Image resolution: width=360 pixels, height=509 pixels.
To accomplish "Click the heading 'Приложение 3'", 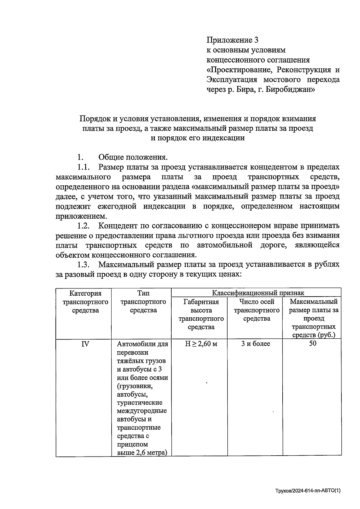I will pos(232,40).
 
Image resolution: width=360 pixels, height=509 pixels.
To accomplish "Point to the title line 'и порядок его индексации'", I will pos(197,138).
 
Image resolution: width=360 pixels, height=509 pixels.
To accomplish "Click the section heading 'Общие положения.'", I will pos(133,157).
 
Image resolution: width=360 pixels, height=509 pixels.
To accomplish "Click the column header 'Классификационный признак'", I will pos(258,293).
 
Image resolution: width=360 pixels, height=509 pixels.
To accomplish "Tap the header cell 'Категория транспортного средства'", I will pos(85,302).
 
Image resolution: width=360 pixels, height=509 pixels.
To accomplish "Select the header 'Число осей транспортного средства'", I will pos(256,310).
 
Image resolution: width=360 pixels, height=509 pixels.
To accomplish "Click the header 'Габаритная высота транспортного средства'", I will pos(201,314).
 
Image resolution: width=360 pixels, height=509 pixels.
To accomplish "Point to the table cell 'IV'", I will pos(85,344).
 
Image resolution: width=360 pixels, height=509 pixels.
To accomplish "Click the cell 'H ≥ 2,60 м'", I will pos(201,344).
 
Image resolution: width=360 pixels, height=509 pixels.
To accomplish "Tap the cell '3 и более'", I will pos(256,344).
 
